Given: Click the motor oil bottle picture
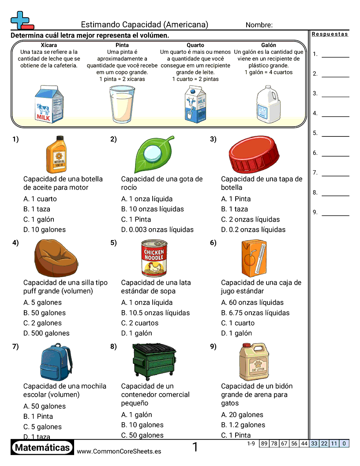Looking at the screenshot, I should click(56, 154).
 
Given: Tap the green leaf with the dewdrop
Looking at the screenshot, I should click(154, 154).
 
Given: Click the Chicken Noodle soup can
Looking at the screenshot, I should click(154, 258).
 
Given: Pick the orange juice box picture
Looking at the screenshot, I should click(255, 258).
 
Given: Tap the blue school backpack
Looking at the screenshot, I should click(56, 362).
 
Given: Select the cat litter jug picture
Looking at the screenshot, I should click(255, 361).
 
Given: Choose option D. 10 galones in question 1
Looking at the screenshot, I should click(45, 229).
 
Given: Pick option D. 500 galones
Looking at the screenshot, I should click(46, 333).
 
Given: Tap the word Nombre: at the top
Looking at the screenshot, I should click(259, 25).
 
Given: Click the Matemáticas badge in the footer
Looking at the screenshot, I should click(42, 448).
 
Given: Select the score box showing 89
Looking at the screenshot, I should click(264, 443).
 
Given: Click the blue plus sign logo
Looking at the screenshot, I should click(19, 20).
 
